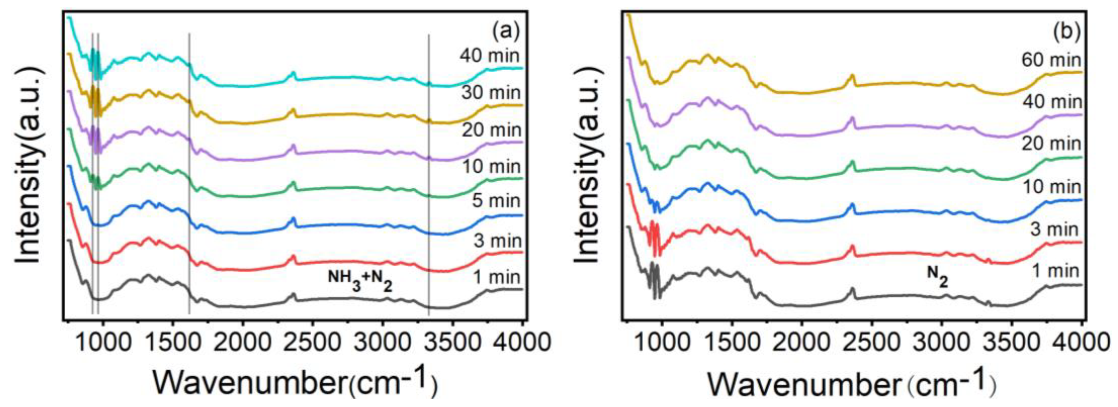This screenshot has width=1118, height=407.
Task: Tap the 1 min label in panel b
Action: [x=1055, y=271]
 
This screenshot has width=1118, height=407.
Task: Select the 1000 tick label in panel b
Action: [x=662, y=342]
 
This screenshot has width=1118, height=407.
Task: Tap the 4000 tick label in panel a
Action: [x=521, y=342]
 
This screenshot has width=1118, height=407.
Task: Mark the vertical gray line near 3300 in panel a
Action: [x=429, y=173]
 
